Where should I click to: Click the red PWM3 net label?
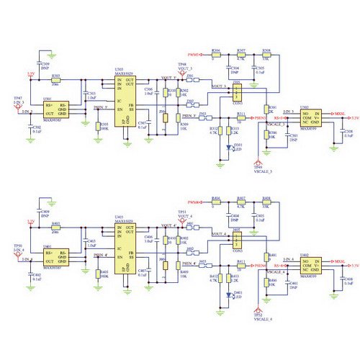click(x=194, y=55)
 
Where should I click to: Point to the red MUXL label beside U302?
click(x=339, y=113)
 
